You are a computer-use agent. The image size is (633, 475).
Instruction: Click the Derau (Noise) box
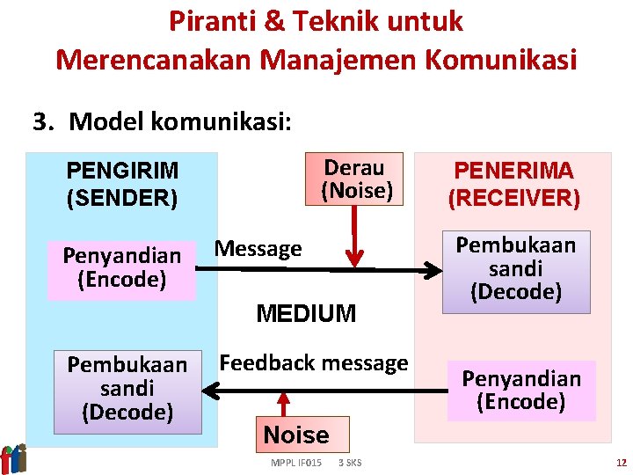354,179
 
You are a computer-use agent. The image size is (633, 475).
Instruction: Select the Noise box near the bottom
296,435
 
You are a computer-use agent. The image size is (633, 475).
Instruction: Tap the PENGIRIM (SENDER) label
122,184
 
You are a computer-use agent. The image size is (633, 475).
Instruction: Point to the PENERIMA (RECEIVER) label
513,184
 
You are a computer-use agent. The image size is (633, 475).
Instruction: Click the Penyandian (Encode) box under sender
121,268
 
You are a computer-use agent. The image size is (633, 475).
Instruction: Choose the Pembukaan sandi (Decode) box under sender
127,388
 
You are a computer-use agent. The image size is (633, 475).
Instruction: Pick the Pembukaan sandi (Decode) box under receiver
515,269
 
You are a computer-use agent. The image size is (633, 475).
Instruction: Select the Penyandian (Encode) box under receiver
521,391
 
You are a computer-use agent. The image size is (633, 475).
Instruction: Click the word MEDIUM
305,313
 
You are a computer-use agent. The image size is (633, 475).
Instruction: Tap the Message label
258,249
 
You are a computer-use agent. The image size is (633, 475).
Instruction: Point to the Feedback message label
313,362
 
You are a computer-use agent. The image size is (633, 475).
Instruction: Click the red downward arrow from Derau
353,237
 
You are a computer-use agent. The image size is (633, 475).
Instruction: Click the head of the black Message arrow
436,269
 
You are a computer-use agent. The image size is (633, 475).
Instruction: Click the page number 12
621,463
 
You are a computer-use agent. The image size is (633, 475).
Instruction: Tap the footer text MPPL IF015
295,463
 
